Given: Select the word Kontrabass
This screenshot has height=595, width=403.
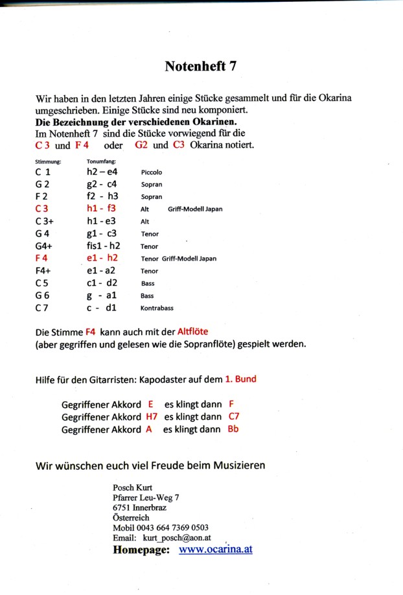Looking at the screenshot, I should (x=157, y=308).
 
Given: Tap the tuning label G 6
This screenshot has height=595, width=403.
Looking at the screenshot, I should (x=43, y=296).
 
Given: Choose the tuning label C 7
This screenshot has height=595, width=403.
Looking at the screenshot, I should (x=43, y=308).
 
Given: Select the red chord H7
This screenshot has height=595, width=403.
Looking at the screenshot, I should (x=152, y=417).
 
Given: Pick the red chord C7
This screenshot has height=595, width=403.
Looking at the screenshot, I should (x=234, y=417).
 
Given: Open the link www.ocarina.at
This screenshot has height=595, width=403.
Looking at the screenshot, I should (x=215, y=550).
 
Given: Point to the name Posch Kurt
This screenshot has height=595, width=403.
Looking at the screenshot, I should (x=131, y=487).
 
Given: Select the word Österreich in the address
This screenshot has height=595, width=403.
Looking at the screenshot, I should (x=130, y=518).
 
